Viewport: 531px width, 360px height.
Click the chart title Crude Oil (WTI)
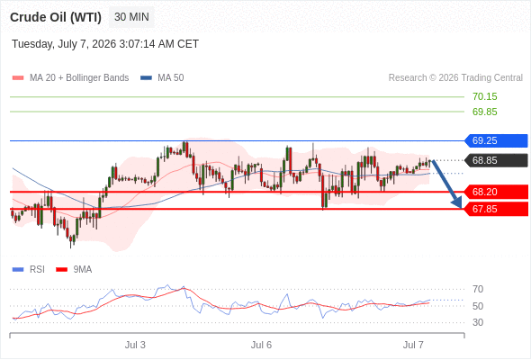coord(56,17)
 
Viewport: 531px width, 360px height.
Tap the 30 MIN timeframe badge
coord(131,17)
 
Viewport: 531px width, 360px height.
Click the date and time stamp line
coord(105,44)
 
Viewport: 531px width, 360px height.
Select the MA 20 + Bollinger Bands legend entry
coord(70,78)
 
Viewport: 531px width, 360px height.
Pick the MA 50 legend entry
coord(162,78)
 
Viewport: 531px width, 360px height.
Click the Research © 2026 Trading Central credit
coord(455,78)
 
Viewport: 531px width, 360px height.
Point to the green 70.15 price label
coord(484,96)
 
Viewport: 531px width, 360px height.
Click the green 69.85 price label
coord(484,112)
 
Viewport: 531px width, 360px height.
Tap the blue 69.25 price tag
coord(496,140)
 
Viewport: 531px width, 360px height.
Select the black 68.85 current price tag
coord(496,160)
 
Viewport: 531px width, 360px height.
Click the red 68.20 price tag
coord(496,192)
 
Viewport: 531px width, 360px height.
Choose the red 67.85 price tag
coord(496,209)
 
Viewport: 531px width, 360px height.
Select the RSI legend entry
coord(29,270)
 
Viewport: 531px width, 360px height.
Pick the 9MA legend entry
coord(74,270)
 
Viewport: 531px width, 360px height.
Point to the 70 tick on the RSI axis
coord(478,289)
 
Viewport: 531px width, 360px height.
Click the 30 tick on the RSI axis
coord(478,322)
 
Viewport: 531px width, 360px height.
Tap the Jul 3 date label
coord(135,345)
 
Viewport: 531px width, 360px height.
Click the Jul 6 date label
coord(261,345)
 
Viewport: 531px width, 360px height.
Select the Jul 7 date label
coord(413,345)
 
